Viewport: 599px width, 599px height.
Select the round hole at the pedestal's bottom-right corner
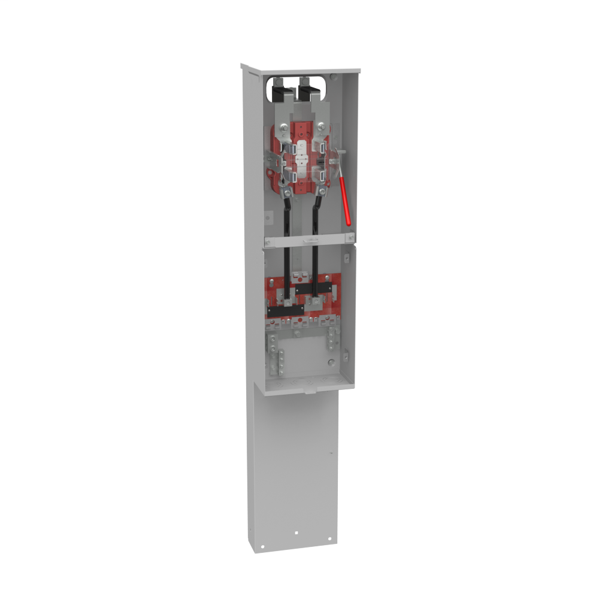point(329,539)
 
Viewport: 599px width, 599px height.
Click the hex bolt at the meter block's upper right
point(322,126)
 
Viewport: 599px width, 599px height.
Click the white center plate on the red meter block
point(301,157)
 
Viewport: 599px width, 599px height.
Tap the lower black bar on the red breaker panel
point(285,312)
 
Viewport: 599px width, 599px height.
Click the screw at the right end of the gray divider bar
point(350,237)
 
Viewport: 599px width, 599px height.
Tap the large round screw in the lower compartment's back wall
point(329,362)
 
